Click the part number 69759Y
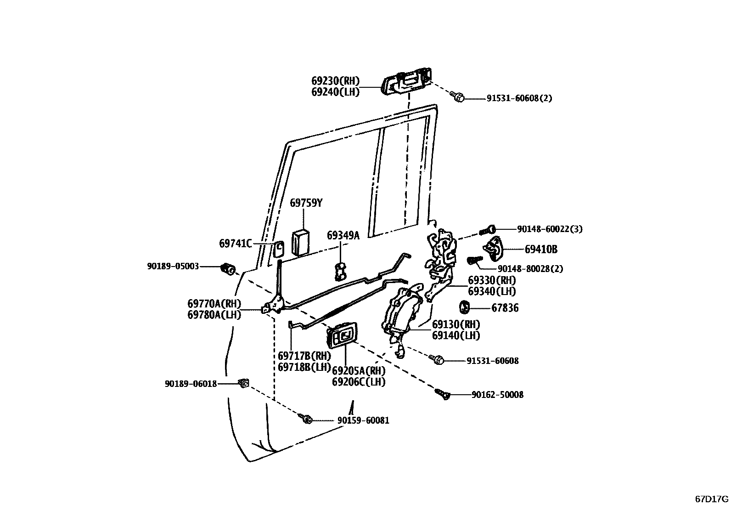coord(306,203)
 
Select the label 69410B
coord(541,250)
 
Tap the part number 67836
coord(505,308)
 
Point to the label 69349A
coord(343,235)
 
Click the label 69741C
coord(235,244)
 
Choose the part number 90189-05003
coord(173,266)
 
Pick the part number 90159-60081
coord(363,420)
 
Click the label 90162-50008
coord(497,395)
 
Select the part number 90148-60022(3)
coord(549,229)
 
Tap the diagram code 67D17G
coord(711,499)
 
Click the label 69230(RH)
coord(335,81)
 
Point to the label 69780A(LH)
coord(214,314)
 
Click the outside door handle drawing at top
coord(407,82)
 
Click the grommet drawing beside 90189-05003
coord(228,268)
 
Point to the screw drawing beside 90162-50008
coord(442,394)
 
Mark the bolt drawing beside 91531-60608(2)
coord(457,96)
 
